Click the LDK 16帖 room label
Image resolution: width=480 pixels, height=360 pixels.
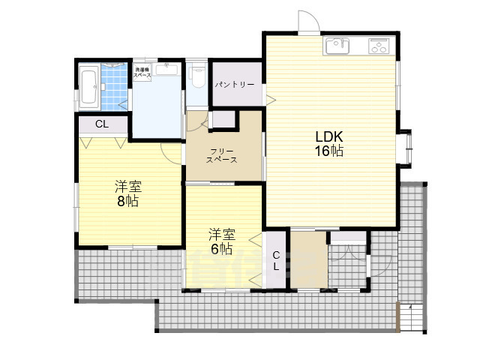pos(328,144)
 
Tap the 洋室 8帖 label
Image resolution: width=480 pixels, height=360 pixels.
pos(128,194)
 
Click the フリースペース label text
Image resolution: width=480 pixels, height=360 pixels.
pos(223,155)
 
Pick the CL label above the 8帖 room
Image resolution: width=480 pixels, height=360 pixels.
pos(101,124)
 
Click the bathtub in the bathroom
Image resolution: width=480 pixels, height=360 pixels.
pos(89,85)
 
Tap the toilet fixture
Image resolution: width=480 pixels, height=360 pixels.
pos(198,75)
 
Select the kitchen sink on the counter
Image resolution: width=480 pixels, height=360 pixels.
pos(337,46)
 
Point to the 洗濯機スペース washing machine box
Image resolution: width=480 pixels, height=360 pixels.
pos(142,73)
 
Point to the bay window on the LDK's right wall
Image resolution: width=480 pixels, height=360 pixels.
pos(406,146)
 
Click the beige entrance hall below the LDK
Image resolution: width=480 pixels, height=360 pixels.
pos(307,260)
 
